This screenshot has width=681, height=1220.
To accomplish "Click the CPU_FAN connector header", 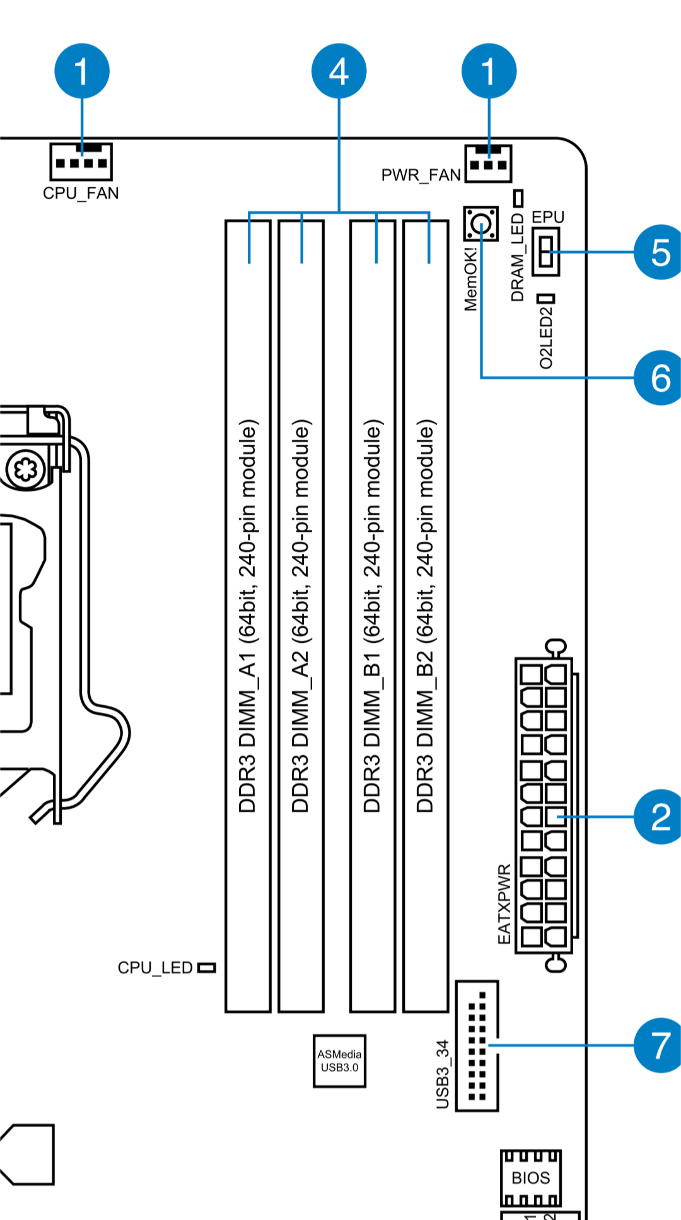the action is coord(81,161).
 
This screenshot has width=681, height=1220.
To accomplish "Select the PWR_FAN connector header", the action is coord(488,163).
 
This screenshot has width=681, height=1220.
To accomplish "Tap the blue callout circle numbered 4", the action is coord(339,71).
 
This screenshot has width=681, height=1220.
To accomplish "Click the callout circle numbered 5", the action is coord(658,252).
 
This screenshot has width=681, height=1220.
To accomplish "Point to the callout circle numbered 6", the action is coord(658,377).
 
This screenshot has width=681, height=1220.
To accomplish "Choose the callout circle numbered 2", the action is coord(658,816).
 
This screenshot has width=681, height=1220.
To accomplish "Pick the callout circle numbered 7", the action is coord(658,1045).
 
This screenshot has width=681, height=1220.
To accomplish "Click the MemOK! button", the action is coord(481,223).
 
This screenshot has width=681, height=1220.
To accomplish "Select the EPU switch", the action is coord(546,251).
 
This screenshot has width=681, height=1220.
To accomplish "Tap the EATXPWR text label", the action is coord(504,903).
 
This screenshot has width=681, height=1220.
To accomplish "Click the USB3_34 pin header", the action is coord(477,1045).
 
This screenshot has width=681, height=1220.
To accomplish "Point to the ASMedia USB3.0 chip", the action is coord(339,1060).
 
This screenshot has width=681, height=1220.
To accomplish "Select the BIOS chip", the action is coord(531,1178).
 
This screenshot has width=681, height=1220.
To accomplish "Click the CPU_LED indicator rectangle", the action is coord(207,968).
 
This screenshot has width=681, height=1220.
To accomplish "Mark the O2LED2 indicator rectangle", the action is coord(546,298).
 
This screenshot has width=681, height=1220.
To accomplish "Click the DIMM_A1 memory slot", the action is coord(248,616).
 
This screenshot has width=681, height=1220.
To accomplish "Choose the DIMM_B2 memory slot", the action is coord(426,616).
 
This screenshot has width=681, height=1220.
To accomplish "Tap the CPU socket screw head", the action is coord(26,469).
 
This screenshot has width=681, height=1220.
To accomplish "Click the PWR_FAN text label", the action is coord(421,175).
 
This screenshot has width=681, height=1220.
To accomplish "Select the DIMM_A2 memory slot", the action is coord(301,616).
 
